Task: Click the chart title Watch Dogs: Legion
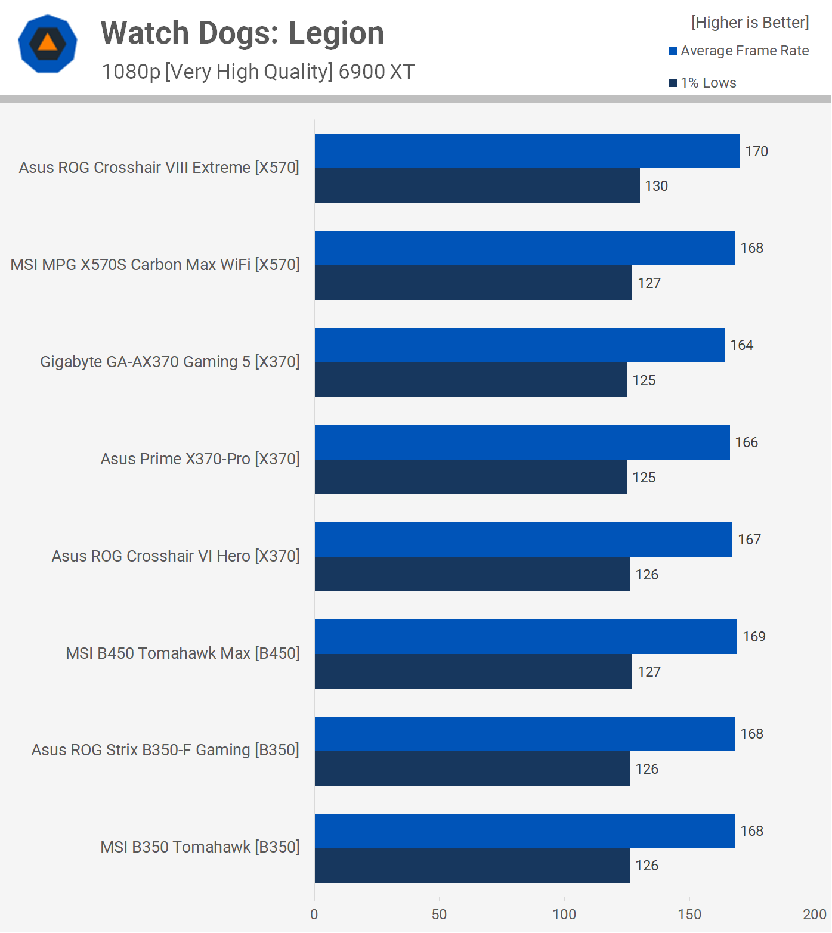pos(242,33)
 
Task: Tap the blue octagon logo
pos(48,44)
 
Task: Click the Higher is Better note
pos(750,23)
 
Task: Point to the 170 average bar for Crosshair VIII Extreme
pos(527,151)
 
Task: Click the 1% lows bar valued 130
pos(477,185)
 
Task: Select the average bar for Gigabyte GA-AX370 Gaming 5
pos(519,345)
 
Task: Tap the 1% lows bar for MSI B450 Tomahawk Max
pos(473,671)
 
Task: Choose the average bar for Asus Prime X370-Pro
pos(522,442)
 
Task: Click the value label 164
pos(741,345)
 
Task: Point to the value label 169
pos(754,637)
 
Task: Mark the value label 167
pos(749,540)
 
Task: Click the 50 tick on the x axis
pos(439,915)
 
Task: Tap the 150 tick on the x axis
pos(689,915)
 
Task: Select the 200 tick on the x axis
pos(814,915)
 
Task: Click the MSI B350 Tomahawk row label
pos(200,847)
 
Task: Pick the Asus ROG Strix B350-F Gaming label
pos(165,750)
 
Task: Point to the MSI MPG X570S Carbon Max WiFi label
pos(155,265)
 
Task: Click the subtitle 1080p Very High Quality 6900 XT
pos(258,72)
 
